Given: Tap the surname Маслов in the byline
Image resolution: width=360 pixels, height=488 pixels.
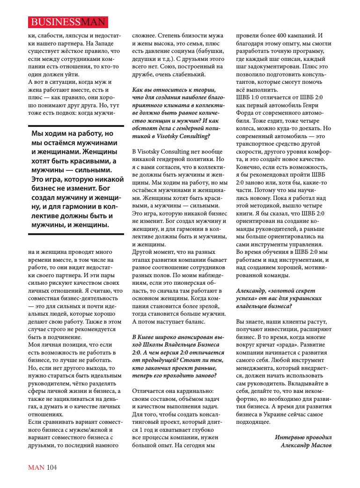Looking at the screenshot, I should pyautogui.click(x=320, y=445).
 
